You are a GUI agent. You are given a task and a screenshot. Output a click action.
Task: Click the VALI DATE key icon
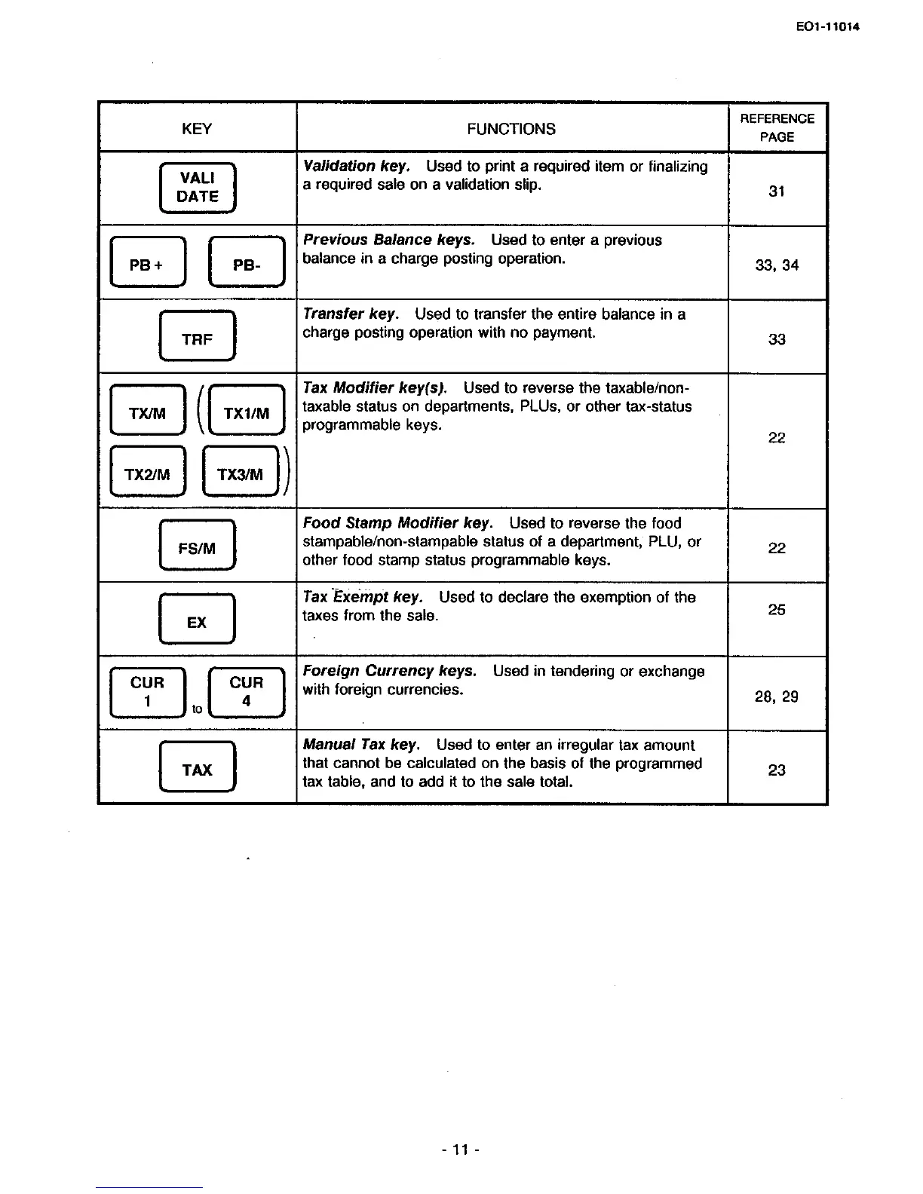(x=198, y=188)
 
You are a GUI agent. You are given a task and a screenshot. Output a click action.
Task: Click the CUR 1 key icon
(x=147, y=692)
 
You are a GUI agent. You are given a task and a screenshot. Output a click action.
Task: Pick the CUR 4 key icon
(x=246, y=692)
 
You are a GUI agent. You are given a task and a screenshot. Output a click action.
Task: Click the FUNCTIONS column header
(x=511, y=129)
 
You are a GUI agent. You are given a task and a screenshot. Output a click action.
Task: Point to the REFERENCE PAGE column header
(x=777, y=127)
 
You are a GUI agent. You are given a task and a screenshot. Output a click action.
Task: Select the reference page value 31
(x=777, y=191)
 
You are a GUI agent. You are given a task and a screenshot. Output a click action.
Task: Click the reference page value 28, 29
(x=777, y=696)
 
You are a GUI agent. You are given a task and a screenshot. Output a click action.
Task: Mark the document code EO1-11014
(x=827, y=28)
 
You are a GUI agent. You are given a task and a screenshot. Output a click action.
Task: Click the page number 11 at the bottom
(x=461, y=1150)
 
